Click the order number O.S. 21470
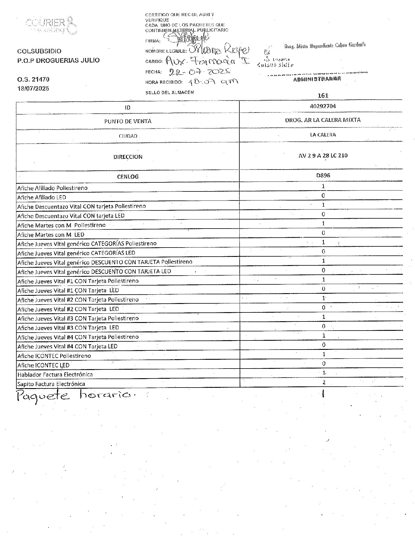pyautogui.click(x=33, y=79)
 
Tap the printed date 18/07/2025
pyautogui.click(x=33, y=88)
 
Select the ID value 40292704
pyautogui.click(x=323, y=106)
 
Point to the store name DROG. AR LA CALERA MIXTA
pyautogui.click(x=323, y=120)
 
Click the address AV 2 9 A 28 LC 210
pyautogui.click(x=323, y=155)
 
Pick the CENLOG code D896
pyautogui.click(x=323, y=175)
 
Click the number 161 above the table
pyautogui.click(x=323, y=96)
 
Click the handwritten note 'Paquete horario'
pyautogui.click(x=76, y=396)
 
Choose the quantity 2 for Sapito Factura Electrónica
pyautogui.click(x=323, y=382)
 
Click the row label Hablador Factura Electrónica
pyautogui.click(x=55, y=374)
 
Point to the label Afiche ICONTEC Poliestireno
pyautogui.click(x=54, y=356)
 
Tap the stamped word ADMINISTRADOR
pyautogui.click(x=317, y=79)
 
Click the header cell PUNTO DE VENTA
pyautogui.click(x=128, y=121)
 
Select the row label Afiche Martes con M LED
pyautogui.click(x=51, y=235)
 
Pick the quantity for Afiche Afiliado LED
pyautogui.click(x=323, y=195)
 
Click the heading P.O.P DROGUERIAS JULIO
pyautogui.click(x=58, y=60)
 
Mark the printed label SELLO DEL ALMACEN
pyautogui.click(x=170, y=92)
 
